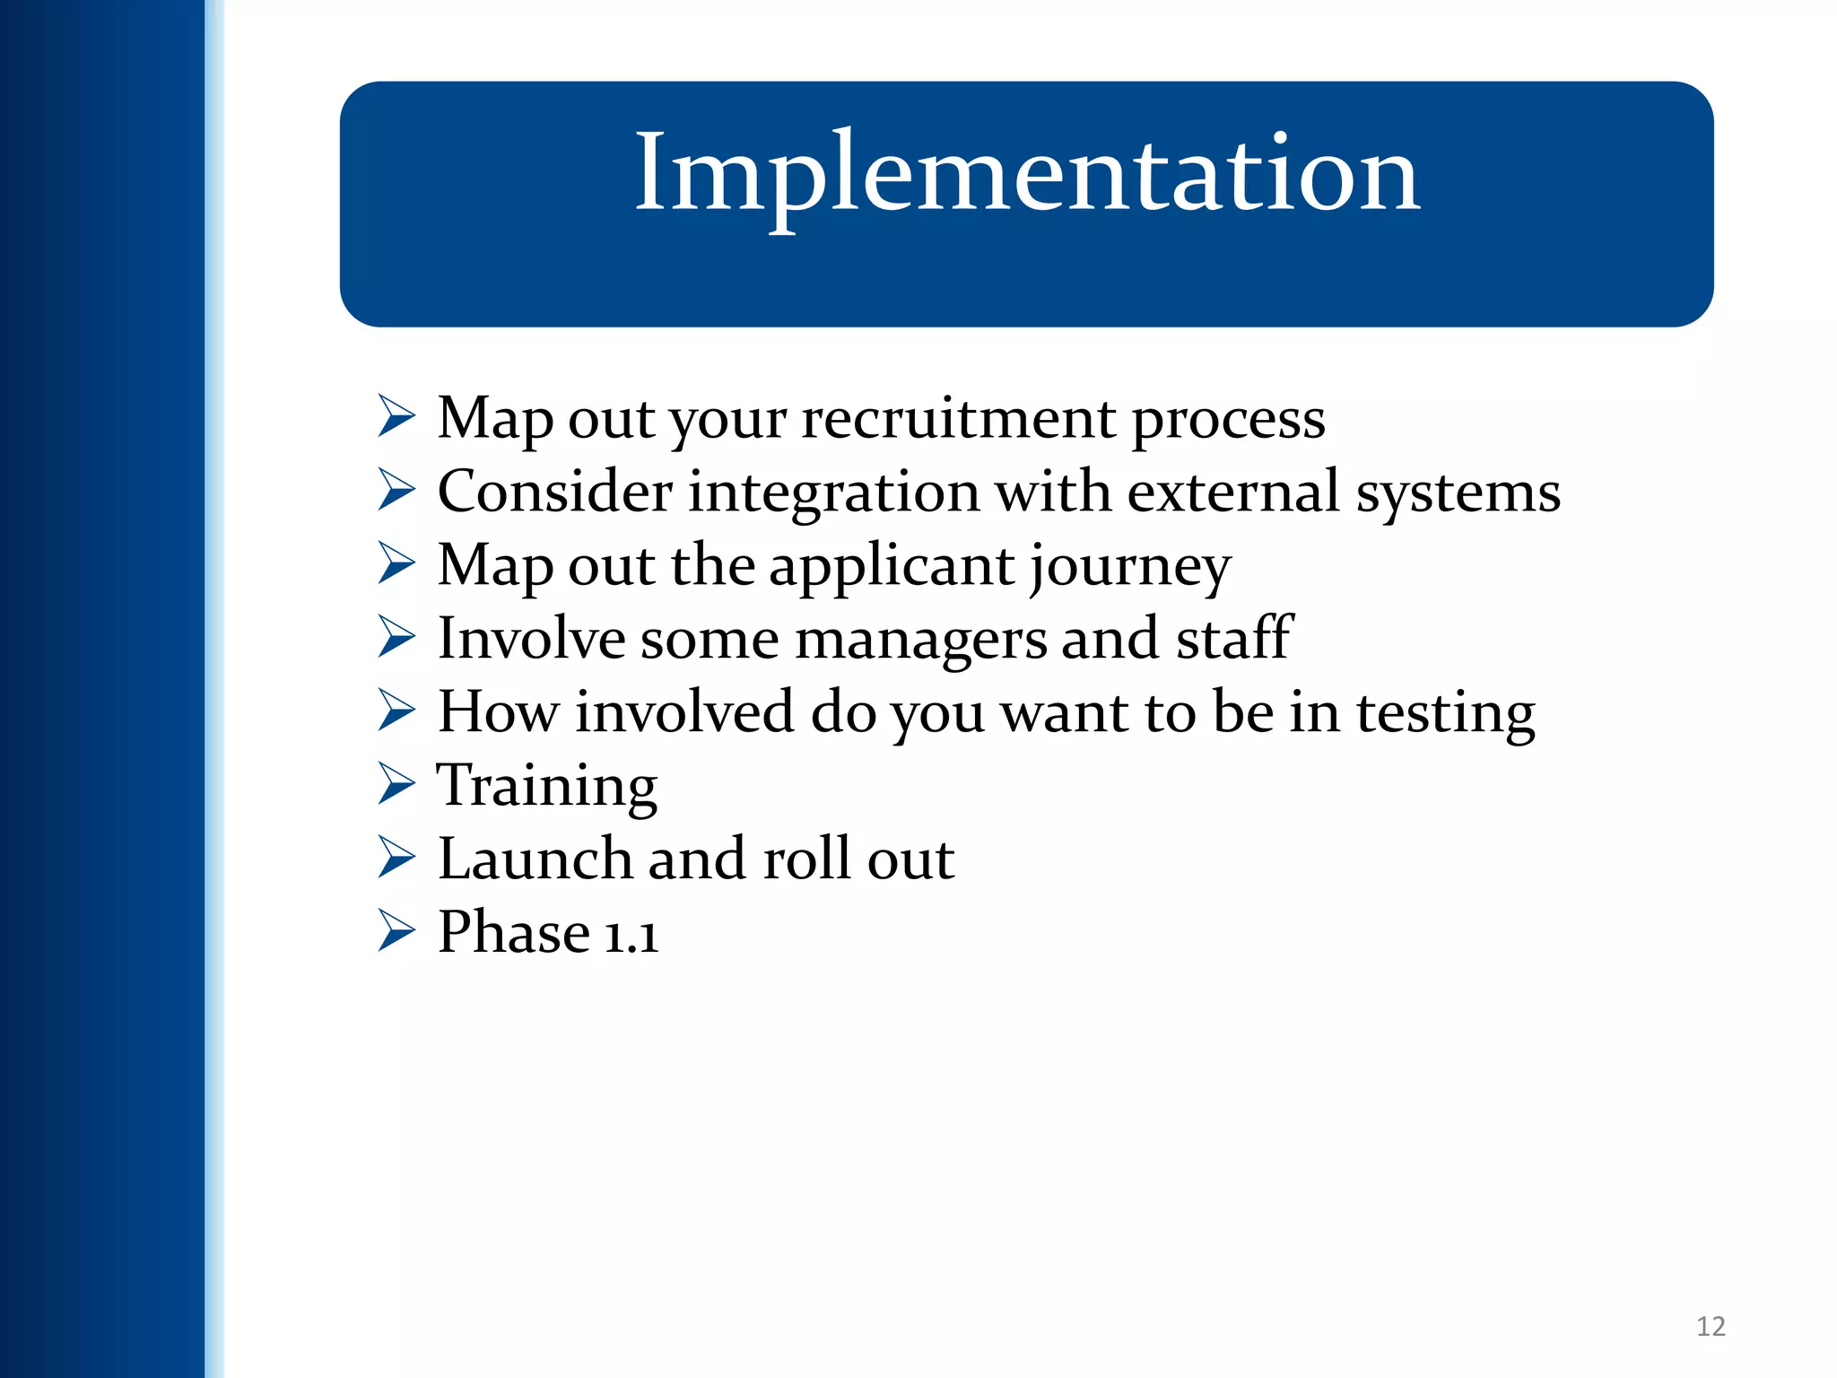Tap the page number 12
[x=1711, y=1326]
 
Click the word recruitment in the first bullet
[x=958, y=418]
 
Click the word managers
[x=920, y=640]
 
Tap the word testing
[x=1445, y=713]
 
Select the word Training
[x=547, y=787]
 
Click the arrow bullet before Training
[x=396, y=783]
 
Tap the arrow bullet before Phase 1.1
[x=396, y=930]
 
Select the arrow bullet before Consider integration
[x=396, y=490]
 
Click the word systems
[x=1458, y=493]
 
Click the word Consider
[x=554, y=492]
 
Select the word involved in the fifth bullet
[x=684, y=712]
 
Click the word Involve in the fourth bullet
[x=531, y=639]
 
